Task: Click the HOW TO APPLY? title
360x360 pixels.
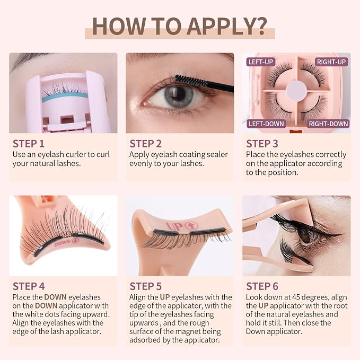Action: click(180, 27)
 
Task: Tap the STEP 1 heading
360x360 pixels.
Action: click(29, 144)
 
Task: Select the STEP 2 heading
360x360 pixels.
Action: click(146, 144)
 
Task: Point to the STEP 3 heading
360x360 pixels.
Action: click(262, 144)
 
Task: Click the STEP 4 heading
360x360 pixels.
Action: click(29, 286)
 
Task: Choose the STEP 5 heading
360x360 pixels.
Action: click(146, 286)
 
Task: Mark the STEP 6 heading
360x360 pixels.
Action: click(262, 286)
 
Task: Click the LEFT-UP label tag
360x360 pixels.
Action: click(260, 62)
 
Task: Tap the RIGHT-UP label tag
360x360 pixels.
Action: click(331, 62)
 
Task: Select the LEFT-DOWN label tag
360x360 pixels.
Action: click(266, 124)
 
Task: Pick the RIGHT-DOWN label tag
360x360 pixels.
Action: click(328, 124)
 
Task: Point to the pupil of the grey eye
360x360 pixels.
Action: click(178, 93)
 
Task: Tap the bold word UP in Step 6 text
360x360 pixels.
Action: click(263, 306)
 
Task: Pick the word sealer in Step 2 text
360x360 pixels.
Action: click(217, 154)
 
